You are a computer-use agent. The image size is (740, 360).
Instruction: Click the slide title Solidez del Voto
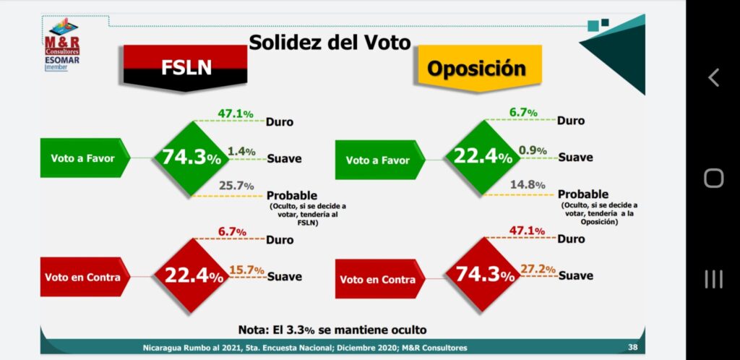(330, 42)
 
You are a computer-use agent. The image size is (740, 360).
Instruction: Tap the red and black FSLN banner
(186, 68)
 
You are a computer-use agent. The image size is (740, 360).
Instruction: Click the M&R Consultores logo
(61, 46)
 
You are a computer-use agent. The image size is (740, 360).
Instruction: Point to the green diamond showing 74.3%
(192, 158)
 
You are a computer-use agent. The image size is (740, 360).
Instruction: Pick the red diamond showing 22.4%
(192, 275)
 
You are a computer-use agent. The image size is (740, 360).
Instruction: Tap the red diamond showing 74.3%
(483, 275)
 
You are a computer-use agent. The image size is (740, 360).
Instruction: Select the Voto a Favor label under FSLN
(82, 158)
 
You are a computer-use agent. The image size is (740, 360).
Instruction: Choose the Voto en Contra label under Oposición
(378, 279)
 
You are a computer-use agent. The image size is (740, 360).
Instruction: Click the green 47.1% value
(236, 114)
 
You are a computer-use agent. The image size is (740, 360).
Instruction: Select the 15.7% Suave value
(247, 270)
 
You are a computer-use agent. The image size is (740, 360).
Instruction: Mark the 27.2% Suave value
(538, 269)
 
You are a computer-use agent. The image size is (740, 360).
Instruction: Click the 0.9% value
(533, 151)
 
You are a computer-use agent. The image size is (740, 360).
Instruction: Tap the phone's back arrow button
(713, 77)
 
